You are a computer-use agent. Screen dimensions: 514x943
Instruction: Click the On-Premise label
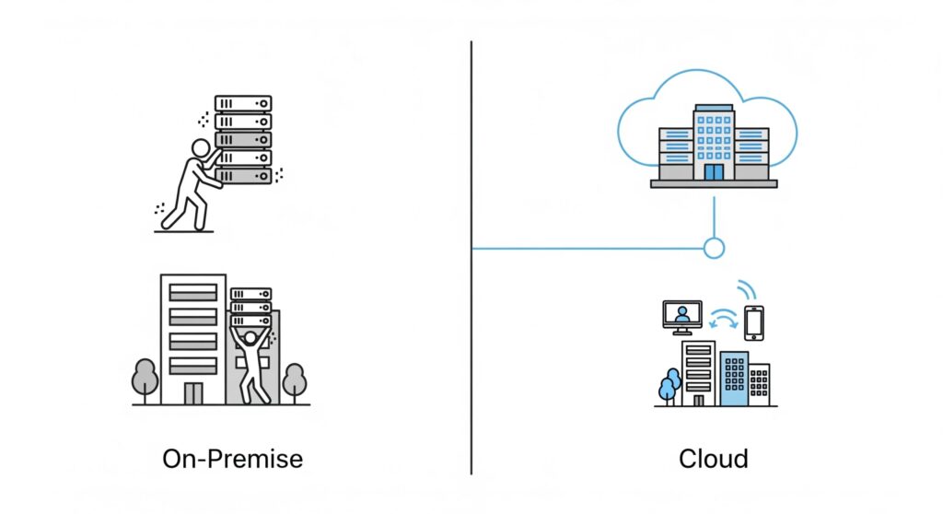(232, 458)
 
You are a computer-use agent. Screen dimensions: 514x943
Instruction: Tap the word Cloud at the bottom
(713, 458)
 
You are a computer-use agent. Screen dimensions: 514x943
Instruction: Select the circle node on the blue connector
(714, 248)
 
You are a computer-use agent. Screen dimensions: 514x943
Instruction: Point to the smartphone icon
(754, 322)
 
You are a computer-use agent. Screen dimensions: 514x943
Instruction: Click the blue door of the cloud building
(714, 172)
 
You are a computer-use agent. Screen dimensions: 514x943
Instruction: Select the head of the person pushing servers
(200, 148)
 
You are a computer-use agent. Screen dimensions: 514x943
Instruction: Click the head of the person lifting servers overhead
(250, 338)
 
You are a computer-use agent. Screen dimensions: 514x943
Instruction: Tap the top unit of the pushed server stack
(243, 103)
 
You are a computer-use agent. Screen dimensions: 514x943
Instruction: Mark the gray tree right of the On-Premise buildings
(294, 379)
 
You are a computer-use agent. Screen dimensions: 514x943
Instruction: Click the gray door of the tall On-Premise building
(192, 392)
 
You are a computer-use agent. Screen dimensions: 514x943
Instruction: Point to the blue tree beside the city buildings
(669, 384)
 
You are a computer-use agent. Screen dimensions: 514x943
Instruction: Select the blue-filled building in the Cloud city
(734, 378)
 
